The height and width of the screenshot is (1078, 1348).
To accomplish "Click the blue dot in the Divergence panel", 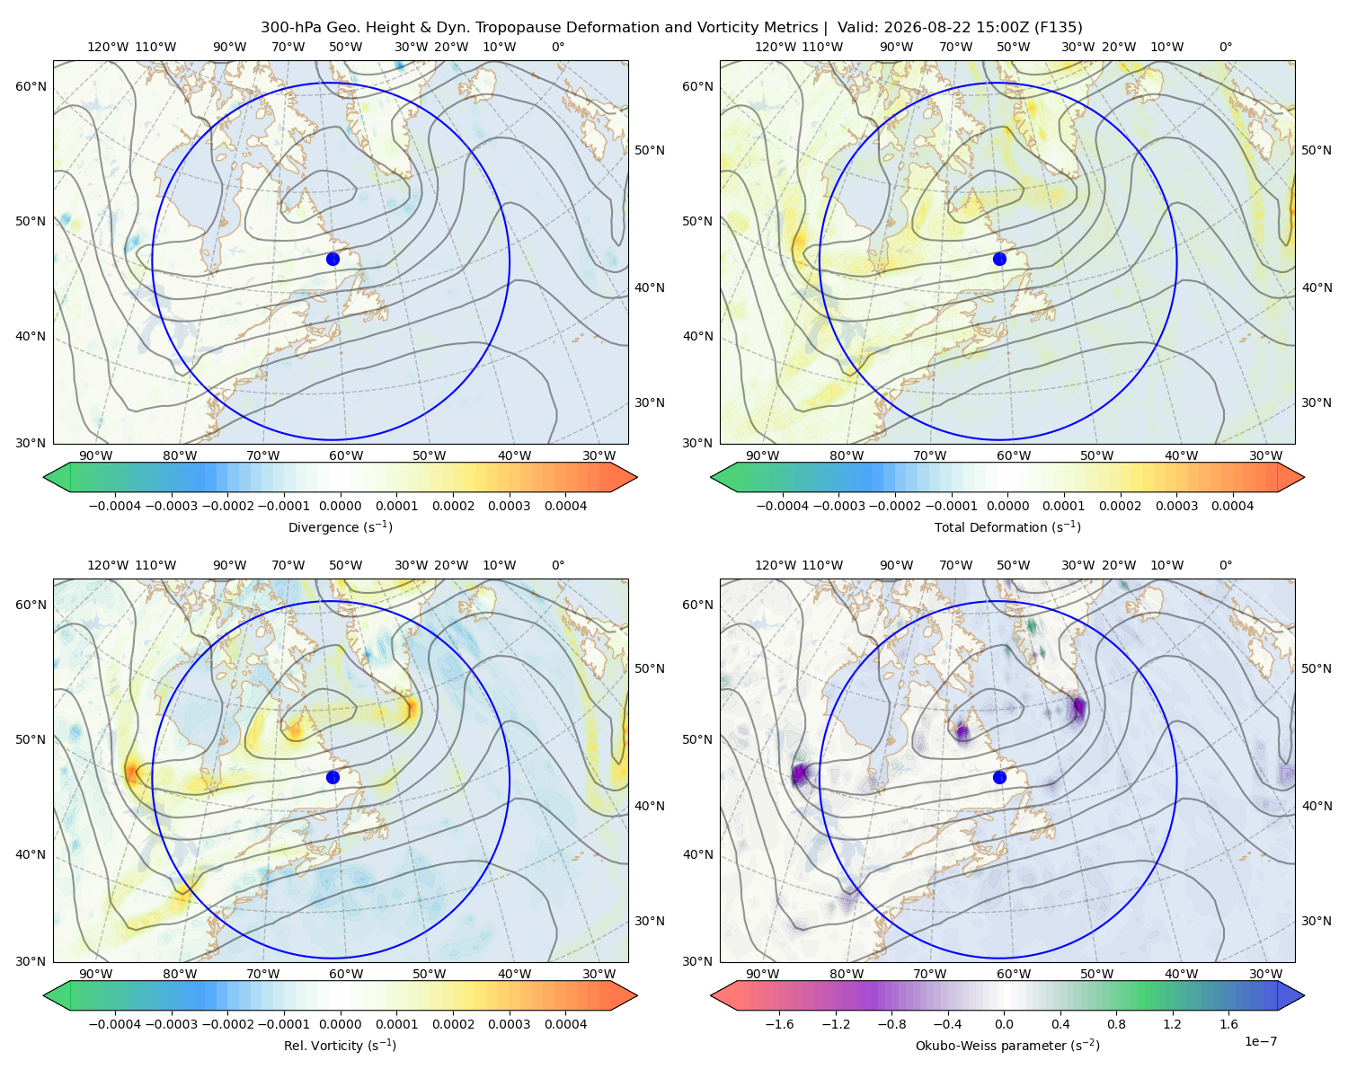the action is pos(333,260).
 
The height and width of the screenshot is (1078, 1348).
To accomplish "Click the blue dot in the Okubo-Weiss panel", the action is pos(999,777).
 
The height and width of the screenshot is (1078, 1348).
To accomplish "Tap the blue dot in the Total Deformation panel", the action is pos(999,260).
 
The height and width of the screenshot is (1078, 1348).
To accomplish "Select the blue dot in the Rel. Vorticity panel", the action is pos(333,777).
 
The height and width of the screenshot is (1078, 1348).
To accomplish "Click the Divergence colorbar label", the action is pos(340,527).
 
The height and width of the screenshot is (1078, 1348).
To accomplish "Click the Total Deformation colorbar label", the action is pos(1007,527).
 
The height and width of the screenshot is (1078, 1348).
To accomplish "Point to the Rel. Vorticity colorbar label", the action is pos(340,1046).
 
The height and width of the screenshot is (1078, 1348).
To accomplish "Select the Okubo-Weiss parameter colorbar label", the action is pos(1007,1046).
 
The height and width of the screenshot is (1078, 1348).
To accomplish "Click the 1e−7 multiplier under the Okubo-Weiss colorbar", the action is pos(1260,1041).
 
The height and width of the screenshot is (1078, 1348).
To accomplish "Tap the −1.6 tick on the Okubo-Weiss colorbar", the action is pos(779,1024).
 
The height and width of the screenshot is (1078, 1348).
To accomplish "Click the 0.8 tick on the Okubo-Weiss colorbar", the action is pos(1116,1024).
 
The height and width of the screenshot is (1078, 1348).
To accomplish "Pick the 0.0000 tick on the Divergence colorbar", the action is pos(340,506).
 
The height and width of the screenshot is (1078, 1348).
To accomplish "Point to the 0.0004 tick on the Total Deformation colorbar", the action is pos(1232,506).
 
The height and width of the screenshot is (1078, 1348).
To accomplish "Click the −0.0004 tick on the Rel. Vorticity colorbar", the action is pos(115,1024).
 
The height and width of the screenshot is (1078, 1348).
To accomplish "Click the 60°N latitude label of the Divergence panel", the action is pos(31,86).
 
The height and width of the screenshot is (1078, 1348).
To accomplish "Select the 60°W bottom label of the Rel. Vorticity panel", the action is pos(346,974).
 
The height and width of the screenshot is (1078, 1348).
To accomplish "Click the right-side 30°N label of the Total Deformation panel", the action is pos(1316,402).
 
